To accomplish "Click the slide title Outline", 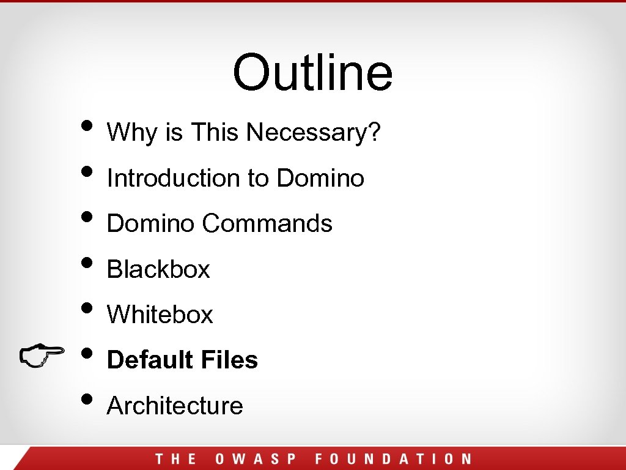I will pyautogui.click(x=312, y=72).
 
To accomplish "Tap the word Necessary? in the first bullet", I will pyautogui.click(x=314, y=132).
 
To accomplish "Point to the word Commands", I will pyautogui.click(x=267, y=223).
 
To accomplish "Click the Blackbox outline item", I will pyautogui.click(x=158, y=269).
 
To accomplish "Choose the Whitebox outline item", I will pyautogui.click(x=160, y=315).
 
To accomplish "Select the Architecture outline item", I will pyautogui.click(x=175, y=405).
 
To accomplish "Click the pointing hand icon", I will pyautogui.click(x=41, y=356).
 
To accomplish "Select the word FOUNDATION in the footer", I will pyautogui.click(x=393, y=459).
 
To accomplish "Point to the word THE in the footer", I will pyautogui.click(x=175, y=459).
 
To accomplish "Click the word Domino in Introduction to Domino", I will pyautogui.click(x=320, y=178).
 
